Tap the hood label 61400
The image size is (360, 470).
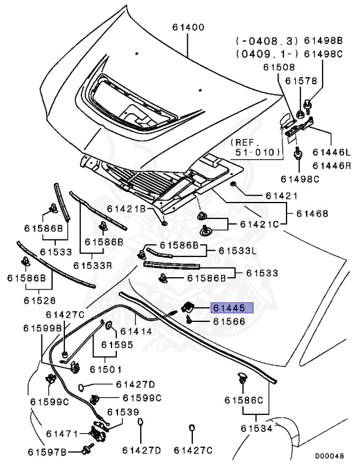point(189,28)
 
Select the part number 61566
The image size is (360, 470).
point(229,321)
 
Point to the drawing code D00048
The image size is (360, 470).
point(329,456)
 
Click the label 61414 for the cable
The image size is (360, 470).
point(136,332)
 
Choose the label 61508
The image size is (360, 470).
point(279,67)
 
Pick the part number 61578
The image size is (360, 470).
point(301,81)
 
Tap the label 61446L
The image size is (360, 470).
point(331,152)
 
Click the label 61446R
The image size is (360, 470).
point(331,165)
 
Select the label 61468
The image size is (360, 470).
point(312,214)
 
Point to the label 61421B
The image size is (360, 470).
point(126,209)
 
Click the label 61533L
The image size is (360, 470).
point(238,250)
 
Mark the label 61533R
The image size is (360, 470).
point(92,266)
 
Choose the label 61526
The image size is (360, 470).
point(40,300)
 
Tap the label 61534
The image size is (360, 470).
point(257,428)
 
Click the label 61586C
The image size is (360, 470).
point(244,400)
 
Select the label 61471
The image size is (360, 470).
point(62,434)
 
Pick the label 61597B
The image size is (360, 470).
point(47,452)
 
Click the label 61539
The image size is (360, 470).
point(123,412)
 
